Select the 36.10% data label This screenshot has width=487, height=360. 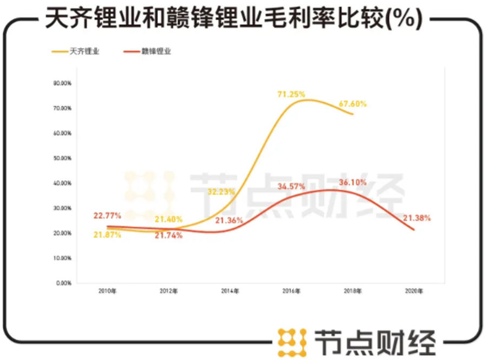tap(352, 182)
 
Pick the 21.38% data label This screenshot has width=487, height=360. tap(417, 218)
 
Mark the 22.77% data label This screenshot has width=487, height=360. tap(106, 215)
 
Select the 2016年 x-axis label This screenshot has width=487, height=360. tap(291, 291)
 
